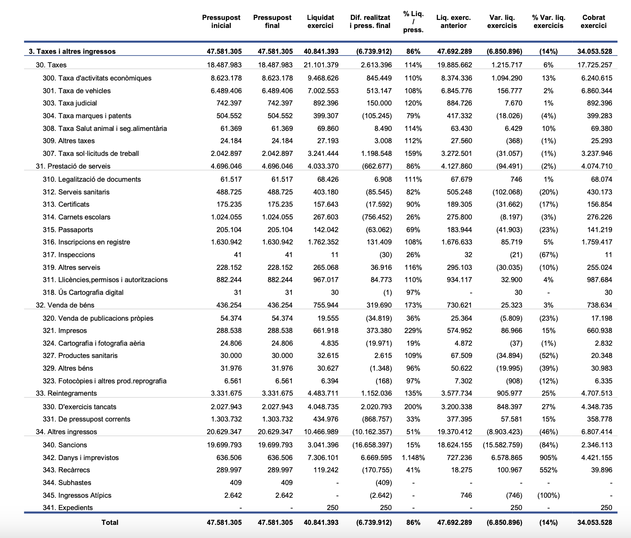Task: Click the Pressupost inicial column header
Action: [221, 22]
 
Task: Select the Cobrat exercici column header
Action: [593, 22]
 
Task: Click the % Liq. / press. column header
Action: [413, 22]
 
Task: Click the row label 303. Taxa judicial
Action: [70, 103]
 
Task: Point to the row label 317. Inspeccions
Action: [69, 255]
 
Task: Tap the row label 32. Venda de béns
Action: [65, 305]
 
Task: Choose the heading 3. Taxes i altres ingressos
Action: [72, 52]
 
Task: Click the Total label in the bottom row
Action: [110, 523]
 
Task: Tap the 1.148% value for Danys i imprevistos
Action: [413, 458]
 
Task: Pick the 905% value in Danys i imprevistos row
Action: [548, 458]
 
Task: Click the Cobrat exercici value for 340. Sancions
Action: [597, 445]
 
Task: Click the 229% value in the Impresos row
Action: [413, 331]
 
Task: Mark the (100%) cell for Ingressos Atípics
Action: [548, 496]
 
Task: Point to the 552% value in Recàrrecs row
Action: [548, 470]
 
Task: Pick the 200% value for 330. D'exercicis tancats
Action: [413, 407]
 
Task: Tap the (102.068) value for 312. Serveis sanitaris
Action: [507, 192]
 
